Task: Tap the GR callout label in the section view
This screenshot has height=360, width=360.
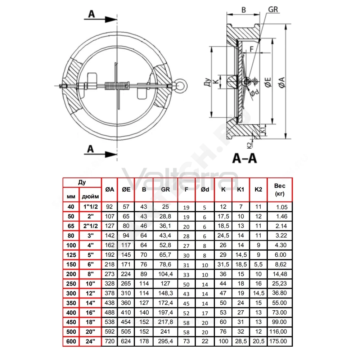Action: [273, 10]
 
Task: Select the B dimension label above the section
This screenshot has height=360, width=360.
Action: [244, 10]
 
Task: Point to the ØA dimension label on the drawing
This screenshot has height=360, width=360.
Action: [282, 82]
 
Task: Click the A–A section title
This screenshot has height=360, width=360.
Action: [245, 158]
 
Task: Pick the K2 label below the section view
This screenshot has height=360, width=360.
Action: [249, 145]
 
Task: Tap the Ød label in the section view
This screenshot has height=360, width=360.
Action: [254, 93]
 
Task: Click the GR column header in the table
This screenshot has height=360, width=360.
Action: [165, 189]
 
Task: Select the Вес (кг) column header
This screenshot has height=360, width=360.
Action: [280, 190]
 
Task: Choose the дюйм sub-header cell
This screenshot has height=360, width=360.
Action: [90, 197]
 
